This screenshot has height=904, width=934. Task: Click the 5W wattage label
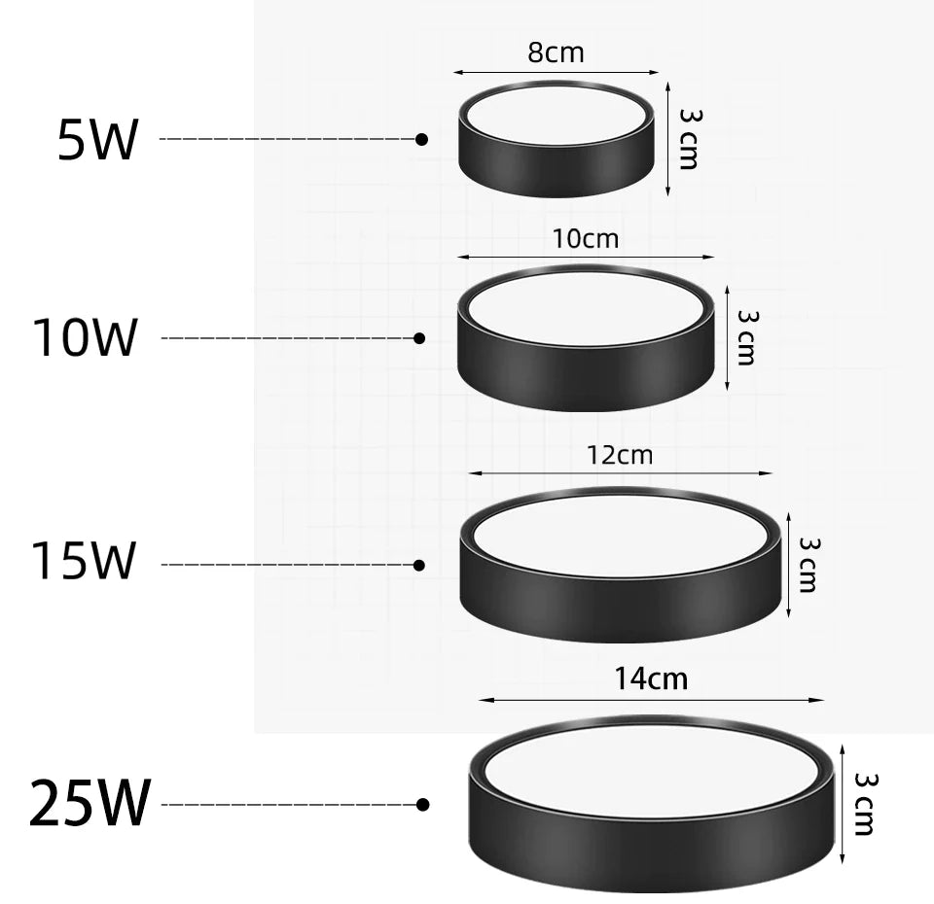point(98,141)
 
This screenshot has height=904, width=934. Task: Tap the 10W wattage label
point(85,338)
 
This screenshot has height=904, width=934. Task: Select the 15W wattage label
point(84,562)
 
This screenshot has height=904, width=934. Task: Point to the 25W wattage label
point(90,803)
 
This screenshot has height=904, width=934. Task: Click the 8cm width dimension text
point(557,52)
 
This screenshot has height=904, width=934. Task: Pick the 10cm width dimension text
point(586,238)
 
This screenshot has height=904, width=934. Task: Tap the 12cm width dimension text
point(620,454)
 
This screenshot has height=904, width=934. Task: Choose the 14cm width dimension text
point(651,678)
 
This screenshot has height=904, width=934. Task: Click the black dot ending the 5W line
point(421,140)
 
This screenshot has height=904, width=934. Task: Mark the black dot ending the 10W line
point(419,338)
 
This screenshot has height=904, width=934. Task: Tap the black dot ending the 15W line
point(419,565)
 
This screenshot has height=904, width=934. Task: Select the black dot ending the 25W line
point(422,805)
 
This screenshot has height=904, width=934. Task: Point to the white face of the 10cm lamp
point(584,308)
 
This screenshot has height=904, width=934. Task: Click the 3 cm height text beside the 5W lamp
point(689,139)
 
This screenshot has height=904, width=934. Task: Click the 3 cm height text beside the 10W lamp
point(746,337)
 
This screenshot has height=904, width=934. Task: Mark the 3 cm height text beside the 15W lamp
point(808,564)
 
